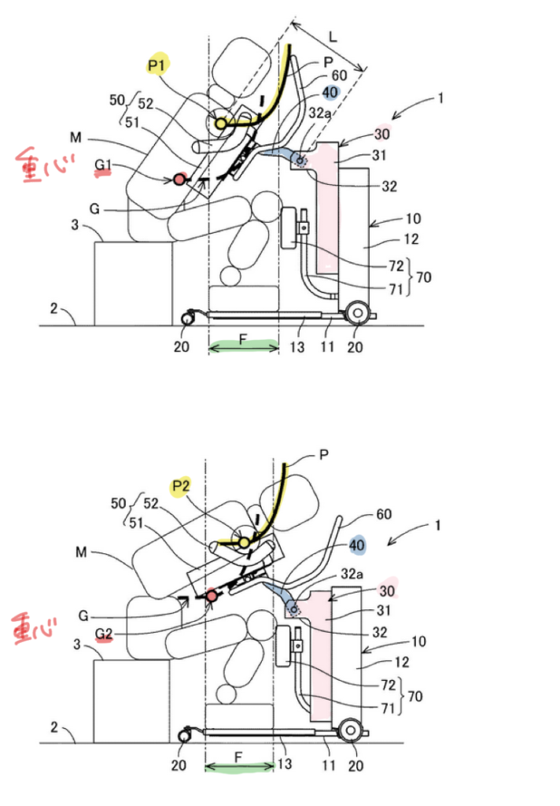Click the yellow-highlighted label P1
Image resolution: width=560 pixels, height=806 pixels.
click(157, 65)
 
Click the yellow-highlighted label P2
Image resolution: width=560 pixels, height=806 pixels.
click(181, 486)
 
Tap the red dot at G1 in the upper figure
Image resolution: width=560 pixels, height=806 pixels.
click(179, 179)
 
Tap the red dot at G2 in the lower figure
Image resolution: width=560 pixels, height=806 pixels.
click(212, 596)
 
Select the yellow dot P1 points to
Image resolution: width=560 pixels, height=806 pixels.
click(220, 124)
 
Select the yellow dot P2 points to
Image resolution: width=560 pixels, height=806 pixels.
click(245, 543)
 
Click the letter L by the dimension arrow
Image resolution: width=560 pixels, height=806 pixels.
click(333, 36)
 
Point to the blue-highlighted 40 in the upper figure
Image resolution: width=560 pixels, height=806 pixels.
click(330, 93)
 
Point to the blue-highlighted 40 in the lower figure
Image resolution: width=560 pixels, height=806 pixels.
click(357, 545)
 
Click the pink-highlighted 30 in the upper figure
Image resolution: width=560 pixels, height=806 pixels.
click(381, 134)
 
